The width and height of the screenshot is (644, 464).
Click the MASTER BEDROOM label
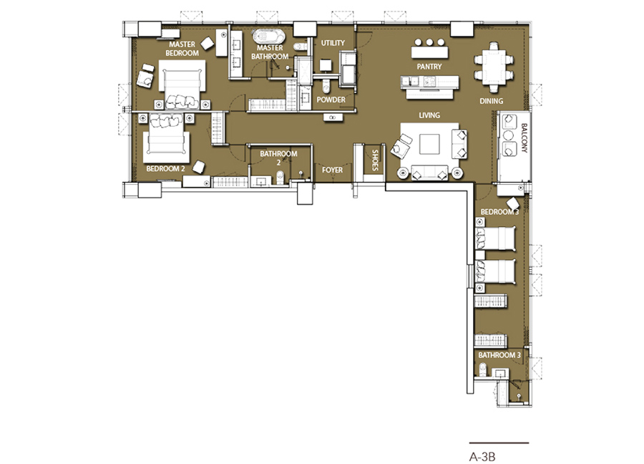click(x=182, y=49)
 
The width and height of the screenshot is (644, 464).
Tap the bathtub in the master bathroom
click(x=269, y=37)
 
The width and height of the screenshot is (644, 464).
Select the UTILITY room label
click(x=333, y=43)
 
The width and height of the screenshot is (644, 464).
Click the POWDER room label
click(x=331, y=100)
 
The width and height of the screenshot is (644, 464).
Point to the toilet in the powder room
click(x=326, y=86)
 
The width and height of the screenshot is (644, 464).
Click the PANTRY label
click(x=429, y=67)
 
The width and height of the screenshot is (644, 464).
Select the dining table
click(x=493, y=67)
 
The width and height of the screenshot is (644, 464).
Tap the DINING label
click(x=491, y=101)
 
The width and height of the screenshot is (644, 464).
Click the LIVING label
click(x=429, y=115)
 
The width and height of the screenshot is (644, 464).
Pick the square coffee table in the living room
click(x=429, y=144)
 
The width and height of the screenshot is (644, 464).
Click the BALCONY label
click(x=524, y=138)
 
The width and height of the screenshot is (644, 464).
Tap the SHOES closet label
click(x=374, y=160)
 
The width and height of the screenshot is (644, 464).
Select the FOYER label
click(x=332, y=170)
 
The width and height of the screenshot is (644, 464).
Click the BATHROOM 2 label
click(x=278, y=158)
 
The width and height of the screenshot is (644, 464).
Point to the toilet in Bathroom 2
click(x=280, y=178)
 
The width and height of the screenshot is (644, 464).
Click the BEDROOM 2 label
click(x=165, y=168)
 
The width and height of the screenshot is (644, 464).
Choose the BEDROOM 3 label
click(x=500, y=212)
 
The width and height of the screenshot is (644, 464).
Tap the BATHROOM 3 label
click(x=499, y=354)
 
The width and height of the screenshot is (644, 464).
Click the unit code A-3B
click(x=482, y=457)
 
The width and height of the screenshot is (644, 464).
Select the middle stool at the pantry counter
click(x=429, y=42)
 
